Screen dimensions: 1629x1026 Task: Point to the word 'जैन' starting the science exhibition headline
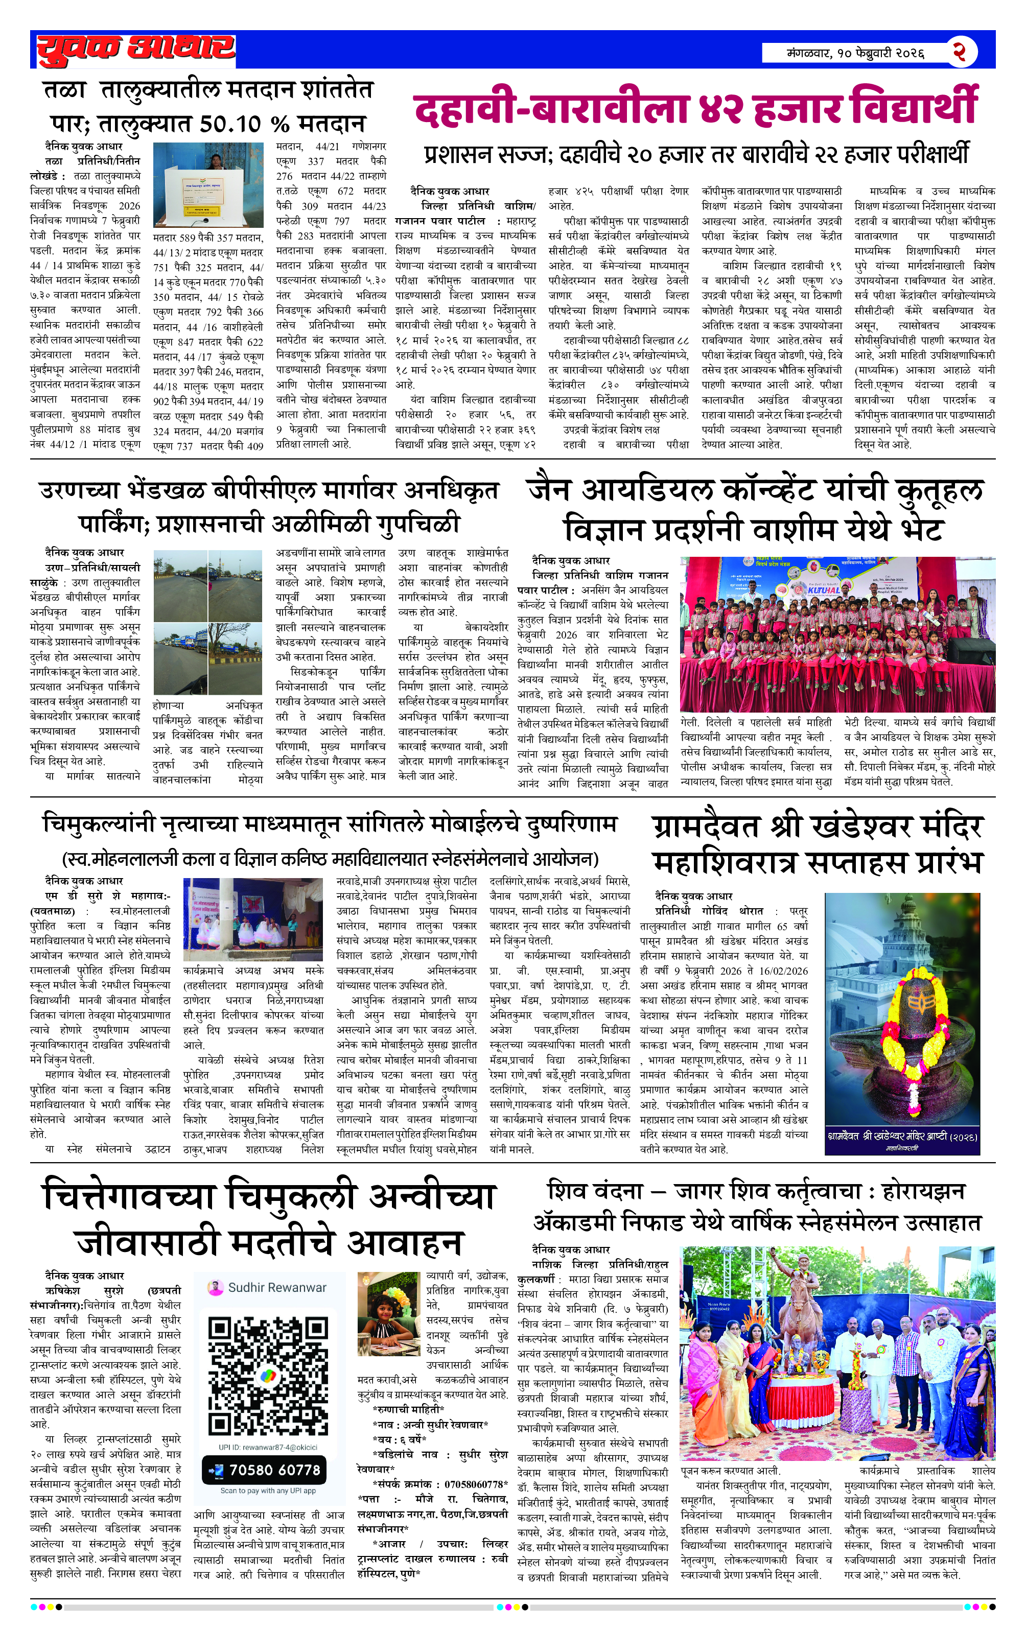[x=553, y=490]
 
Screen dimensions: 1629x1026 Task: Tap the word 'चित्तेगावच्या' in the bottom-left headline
[x=129, y=1196]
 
